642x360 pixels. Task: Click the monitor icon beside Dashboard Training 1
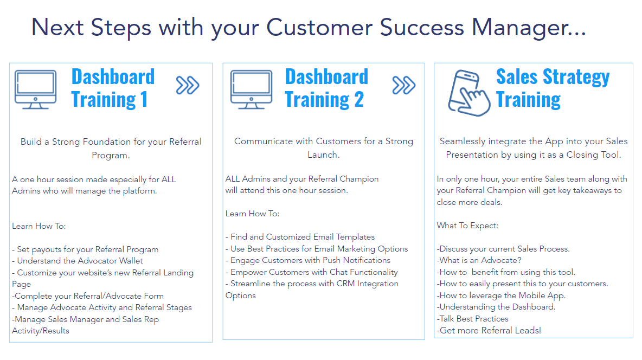click(x=35, y=89)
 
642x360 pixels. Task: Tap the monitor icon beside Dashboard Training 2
click(x=251, y=89)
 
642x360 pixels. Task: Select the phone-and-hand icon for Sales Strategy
click(x=469, y=93)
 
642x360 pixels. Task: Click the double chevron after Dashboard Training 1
click(x=188, y=85)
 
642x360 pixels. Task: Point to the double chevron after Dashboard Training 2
click(x=404, y=85)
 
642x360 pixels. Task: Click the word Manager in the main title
click(x=529, y=28)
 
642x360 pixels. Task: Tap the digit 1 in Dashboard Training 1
click(x=144, y=100)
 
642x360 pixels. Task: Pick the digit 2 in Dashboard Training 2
click(x=358, y=100)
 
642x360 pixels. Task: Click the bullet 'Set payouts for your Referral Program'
click(x=85, y=249)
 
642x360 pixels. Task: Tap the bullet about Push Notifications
click(x=308, y=260)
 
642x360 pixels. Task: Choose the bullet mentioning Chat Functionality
click(x=312, y=272)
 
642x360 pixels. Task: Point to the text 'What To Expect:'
click(x=467, y=226)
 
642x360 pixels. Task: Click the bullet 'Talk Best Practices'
click(x=472, y=319)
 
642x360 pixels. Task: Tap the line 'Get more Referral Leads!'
click(x=489, y=331)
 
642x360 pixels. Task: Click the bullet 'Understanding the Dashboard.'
click(x=496, y=307)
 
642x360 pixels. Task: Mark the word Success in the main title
click(x=422, y=28)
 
